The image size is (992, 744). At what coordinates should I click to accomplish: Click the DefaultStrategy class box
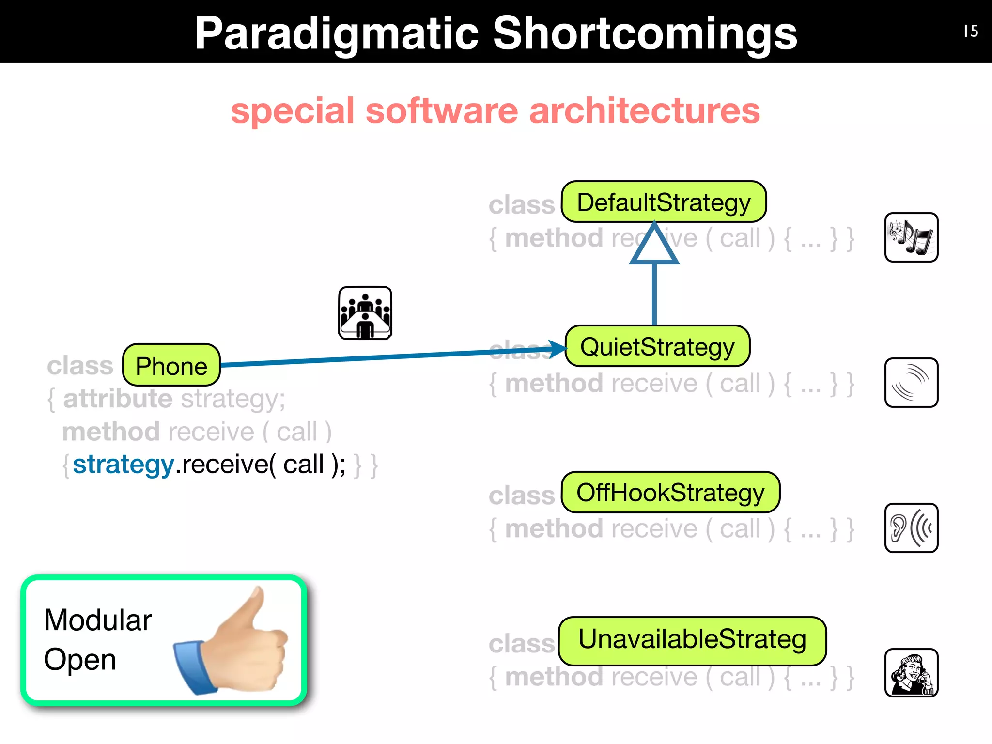[x=664, y=202]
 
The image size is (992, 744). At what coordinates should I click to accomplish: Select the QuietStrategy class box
[x=657, y=346]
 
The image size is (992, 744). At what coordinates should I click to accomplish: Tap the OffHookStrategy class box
[x=670, y=493]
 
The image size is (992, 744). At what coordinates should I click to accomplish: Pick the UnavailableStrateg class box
[x=692, y=640]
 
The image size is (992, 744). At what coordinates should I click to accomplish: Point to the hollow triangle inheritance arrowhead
[x=654, y=246]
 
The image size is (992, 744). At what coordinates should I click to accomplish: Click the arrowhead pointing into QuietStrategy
[x=557, y=348]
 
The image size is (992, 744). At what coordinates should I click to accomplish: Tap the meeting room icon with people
[x=365, y=313]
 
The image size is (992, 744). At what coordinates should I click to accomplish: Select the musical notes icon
[x=911, y=237]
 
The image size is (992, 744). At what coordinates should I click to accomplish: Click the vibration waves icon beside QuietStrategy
[x=911, y=383]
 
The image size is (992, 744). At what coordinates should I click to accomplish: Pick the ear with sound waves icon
[x=911, y=528]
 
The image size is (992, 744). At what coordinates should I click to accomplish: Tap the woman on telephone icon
[x=911, y=673]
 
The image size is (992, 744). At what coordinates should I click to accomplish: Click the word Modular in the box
[x=98, y=620]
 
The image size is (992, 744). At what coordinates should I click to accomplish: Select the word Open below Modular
[x=80, y=660]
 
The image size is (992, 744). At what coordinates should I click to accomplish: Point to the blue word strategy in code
[x=124, y=465]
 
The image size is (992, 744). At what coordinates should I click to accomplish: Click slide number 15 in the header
[x=971, y=31]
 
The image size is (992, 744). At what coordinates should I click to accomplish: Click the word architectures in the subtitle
[x=644, y=111]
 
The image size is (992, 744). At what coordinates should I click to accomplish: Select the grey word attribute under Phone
[x=118, y=399]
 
